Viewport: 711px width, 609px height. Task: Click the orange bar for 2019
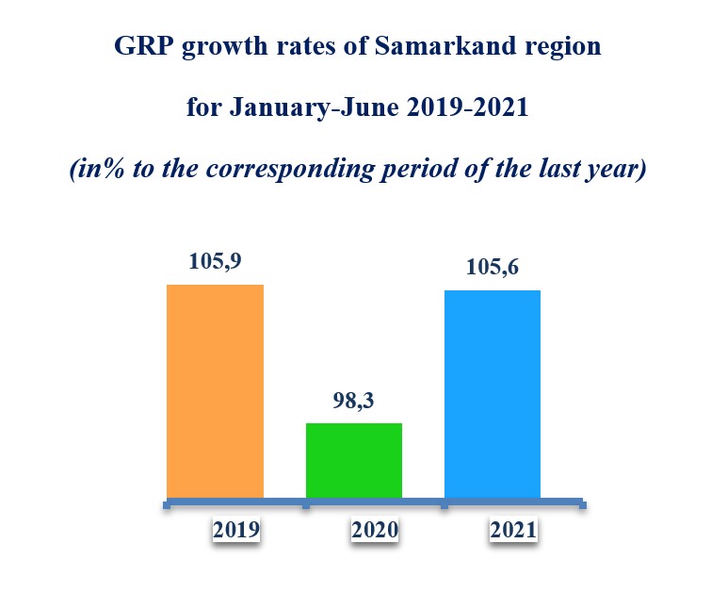pyautogui.click(x=215, y=390)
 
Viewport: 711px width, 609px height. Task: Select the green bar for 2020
pyautogui.click(x=354, y=460)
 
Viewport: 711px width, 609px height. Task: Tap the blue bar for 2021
pyautogui.click(x=492, y=393)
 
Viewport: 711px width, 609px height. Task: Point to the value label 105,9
pyautogui.click(x=214, y=263)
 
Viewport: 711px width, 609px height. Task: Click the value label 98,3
pyautogui.click(x=354, y=400)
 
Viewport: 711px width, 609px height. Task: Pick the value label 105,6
pyautogui.click(x=493, y=269)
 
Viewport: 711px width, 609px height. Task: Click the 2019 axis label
pyautogui.click(x=236, y=530)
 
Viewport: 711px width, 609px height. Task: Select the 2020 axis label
pyautogui.click(x=375, y=530)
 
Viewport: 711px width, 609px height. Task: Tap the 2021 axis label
pyautogui.click(x=513, y=530)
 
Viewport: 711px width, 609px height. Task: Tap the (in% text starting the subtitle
pyautogui.click(x=97, y=170)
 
